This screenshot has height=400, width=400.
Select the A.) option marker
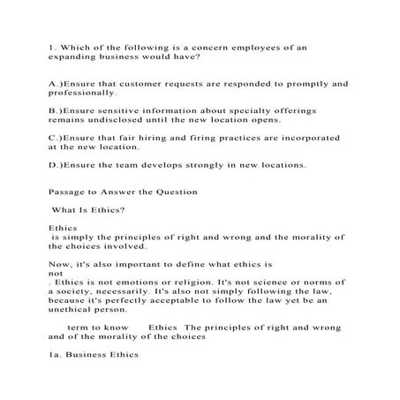(56, 83)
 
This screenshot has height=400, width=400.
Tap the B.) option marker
(56, 110)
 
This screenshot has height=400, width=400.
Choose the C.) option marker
(56, 138)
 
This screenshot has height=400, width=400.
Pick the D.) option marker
(56, 164)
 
